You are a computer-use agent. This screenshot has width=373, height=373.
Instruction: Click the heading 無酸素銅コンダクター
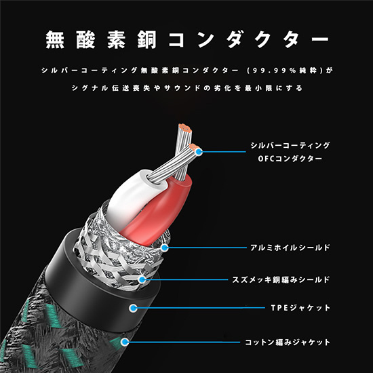[187, 39]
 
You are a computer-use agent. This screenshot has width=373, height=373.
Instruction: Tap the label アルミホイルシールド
[290, 248]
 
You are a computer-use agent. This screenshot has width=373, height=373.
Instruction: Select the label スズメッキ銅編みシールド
[281, 279]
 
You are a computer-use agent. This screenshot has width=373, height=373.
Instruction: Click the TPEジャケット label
[300, 308]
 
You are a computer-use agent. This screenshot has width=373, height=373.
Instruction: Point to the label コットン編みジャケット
[288, 342]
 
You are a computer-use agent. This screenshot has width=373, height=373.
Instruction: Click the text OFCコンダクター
[290, 159]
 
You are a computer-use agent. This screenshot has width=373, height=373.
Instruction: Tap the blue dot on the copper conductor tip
[199, 151]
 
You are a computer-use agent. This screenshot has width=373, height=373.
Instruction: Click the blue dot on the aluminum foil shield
[164, 248]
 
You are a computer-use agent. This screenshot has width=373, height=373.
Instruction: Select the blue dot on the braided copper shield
[142, 279]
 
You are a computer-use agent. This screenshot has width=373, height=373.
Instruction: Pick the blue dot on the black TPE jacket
[134, 308]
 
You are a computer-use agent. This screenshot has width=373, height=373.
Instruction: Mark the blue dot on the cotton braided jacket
[124, 342]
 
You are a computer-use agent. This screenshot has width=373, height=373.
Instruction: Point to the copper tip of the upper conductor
[185, 128]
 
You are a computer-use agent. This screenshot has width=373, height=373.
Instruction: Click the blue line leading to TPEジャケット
[200, 308]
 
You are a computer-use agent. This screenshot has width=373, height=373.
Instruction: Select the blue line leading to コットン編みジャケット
[183, 342]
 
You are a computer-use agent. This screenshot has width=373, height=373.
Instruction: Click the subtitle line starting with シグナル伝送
[187, 88]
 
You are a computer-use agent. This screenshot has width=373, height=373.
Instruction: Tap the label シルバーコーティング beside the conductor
[290, 145]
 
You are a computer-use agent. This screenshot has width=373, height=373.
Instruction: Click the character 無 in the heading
[55, 40]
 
